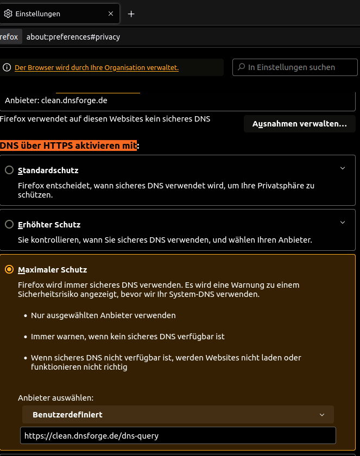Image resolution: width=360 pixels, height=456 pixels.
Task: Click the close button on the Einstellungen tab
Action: click(x=111, y=14)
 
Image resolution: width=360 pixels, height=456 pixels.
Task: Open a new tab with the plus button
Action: click(x=131, y=14)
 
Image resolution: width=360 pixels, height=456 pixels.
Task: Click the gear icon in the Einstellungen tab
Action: click(x=8, y=14)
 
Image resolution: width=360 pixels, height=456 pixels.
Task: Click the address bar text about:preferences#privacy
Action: click(x=73, y=37)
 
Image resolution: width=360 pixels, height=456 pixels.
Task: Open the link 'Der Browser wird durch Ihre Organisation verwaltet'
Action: click(x=97, y=68)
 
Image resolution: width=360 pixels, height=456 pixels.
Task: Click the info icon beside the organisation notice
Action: click(x=7, y=68)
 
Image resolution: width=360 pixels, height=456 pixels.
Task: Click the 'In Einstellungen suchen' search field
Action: click(x=295, y=67)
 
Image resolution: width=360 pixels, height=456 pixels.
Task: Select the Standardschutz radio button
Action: click(x=9, y=170)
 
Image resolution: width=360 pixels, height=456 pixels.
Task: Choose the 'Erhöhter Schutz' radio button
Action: click(x=9, y=224)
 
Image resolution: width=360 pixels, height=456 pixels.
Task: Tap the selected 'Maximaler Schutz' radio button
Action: click(x=9, y=269)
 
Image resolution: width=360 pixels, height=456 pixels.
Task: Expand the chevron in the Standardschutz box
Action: click(x=343, y=168)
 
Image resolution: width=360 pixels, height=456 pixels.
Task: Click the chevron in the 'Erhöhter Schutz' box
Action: click(x=343, y=222)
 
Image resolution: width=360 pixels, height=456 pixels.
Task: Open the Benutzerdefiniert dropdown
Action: click(x=178, y=415)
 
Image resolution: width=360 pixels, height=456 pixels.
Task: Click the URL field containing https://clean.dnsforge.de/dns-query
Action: click(x=178, y=435)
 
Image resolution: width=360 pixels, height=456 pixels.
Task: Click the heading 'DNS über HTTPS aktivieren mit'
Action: click(x=68, y=145)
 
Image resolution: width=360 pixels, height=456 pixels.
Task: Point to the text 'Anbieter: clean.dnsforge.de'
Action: click(x=56, y=100)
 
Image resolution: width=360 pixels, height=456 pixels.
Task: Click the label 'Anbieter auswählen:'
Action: click(x=56, y=398)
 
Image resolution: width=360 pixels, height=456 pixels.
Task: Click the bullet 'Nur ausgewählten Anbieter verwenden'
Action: click(x=103, y=315)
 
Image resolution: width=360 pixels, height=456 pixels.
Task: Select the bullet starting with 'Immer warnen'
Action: click(x=128, y=337)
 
